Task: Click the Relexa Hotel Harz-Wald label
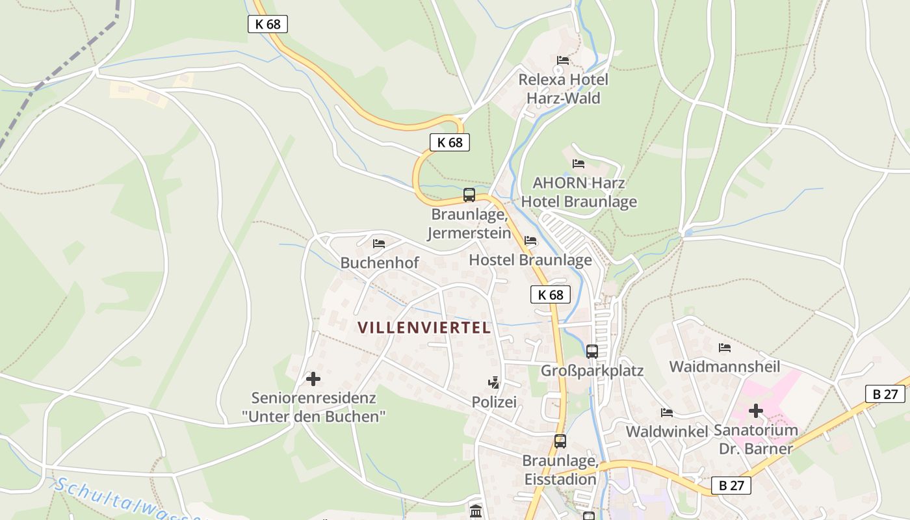click(x=563, y=89)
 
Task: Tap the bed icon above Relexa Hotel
click(x=563, y=60)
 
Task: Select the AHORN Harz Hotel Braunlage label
click(x=578, y=192)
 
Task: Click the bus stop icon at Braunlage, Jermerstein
click(x=469, y=194)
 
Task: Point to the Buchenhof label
click(x=380, y=263)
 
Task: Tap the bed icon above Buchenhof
click(x=379, y=244)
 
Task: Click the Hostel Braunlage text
click(x=530, y=260)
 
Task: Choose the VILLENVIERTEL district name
click(x=424, y=328)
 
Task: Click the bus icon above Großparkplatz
click(x=591, y=351)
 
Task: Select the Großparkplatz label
click(x=592, y=370)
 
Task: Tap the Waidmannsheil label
click(x=724, y=367)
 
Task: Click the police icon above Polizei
click(x=494, y=383)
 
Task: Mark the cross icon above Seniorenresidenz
click(x=313, y=378)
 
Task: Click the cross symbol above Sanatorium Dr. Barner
click(x=755, y=411)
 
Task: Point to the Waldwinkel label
click(x=666, y=432)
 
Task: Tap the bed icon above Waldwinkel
click(x=666, y=413)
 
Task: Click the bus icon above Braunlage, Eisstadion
click(x=560, y=441)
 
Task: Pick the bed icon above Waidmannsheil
click(x=724, y=348)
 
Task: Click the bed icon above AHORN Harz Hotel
click(x=578, y=164)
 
